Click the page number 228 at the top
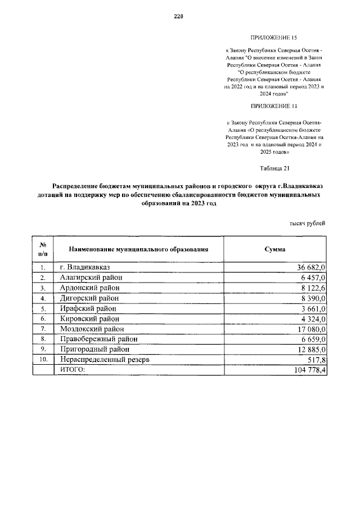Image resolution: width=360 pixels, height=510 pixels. click(178, 16)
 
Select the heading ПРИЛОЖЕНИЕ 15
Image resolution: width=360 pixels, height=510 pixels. click(274, 38)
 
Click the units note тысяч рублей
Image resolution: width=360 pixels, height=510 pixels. click(307, 223)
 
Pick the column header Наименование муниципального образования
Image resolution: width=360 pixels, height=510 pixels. click(138, 248)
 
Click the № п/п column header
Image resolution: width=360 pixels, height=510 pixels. click(43, 248)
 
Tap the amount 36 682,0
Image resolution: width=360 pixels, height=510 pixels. click(308, 267)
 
